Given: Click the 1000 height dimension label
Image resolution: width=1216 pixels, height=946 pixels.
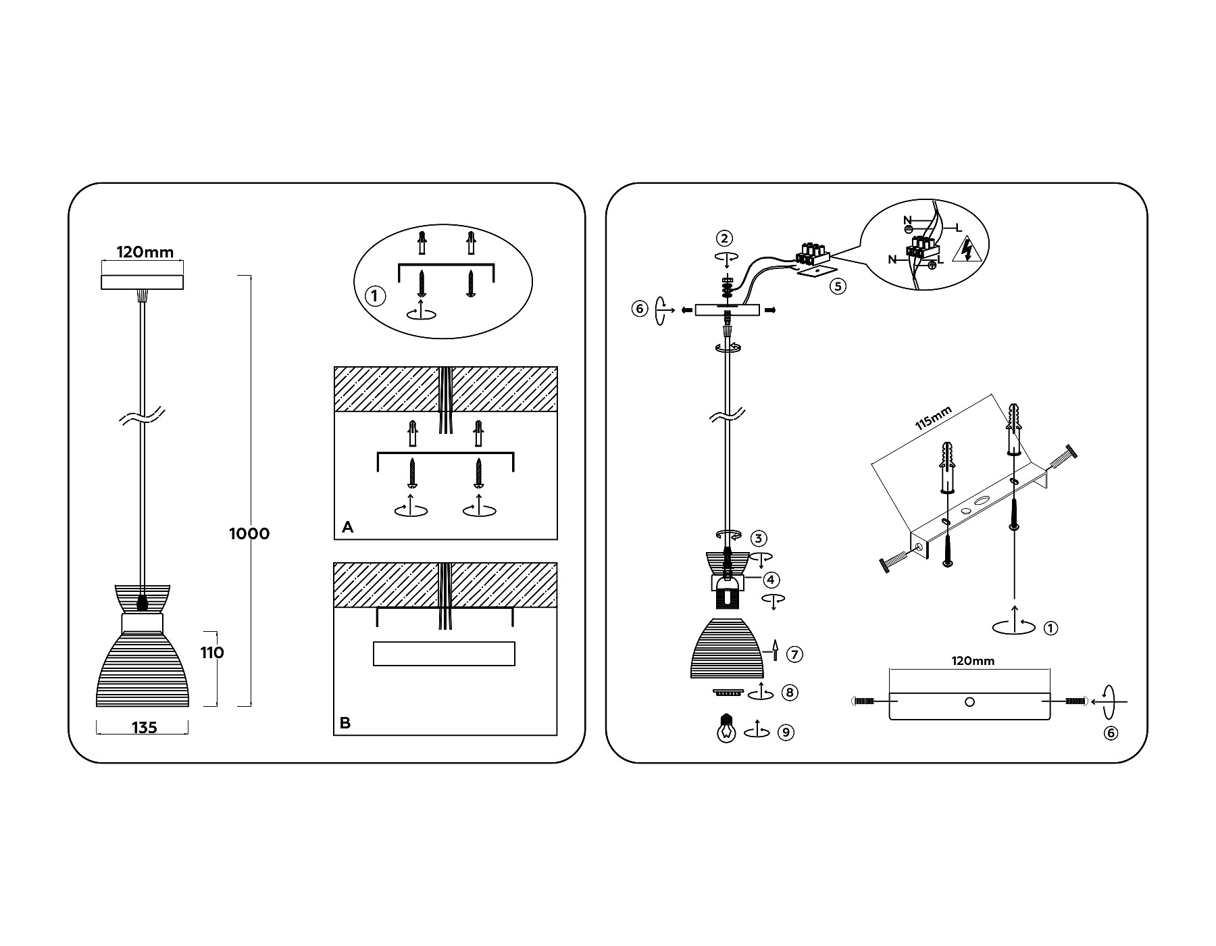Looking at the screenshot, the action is (249, 534).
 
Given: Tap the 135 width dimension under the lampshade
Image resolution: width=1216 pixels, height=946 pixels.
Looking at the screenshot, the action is (145, 728).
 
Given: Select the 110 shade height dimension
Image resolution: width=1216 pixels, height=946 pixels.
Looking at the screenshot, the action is (211, 653).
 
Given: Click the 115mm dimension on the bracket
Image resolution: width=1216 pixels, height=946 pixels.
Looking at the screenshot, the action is (934, 419).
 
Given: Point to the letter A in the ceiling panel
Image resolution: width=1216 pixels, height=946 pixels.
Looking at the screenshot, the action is (348, 527).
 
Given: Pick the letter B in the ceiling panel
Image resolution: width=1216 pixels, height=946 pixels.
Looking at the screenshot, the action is (345, 723).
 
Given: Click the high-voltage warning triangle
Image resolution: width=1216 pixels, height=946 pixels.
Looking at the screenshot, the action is (966, 249).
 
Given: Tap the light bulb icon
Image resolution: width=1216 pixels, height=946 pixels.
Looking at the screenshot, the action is (726, 730).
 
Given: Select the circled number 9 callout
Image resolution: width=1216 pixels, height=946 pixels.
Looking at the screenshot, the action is (785, 732).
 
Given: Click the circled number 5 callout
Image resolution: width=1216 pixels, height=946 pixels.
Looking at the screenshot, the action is (838, 286).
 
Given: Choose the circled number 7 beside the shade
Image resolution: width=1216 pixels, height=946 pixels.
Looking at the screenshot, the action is (795, 654).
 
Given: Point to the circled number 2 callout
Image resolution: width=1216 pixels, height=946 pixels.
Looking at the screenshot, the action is (725, 238).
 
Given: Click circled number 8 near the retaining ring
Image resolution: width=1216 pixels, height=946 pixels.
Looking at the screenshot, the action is (789, 693).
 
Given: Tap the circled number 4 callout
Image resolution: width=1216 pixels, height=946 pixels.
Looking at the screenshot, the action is (771, 580).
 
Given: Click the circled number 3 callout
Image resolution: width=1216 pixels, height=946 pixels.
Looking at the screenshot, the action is (759, 539).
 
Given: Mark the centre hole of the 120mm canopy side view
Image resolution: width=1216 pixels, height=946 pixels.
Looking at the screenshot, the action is (969, 702).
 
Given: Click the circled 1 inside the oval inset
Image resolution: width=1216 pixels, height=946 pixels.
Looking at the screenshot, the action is (375, 296).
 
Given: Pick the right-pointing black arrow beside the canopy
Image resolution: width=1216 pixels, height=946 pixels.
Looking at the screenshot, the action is (769, 310).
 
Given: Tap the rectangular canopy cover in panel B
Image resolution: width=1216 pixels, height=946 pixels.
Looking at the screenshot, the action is (444, 654).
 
